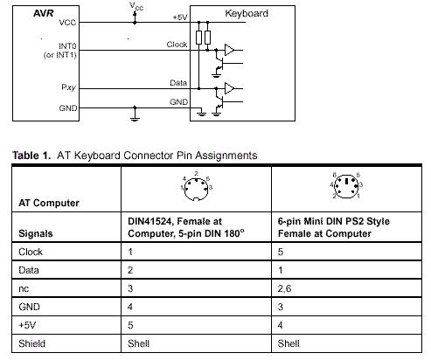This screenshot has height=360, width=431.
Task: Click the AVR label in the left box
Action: (x=43, y=13)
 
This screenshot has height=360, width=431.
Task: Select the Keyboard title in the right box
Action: (x=247, y=13)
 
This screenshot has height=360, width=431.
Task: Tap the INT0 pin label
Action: (x=67, y=46)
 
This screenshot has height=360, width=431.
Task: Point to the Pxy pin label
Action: (x=69, y=87)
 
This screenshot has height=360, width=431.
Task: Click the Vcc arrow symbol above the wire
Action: (x=135, y=17)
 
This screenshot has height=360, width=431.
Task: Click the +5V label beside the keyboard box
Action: (x=180, y=17)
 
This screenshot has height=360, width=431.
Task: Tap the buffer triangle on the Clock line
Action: (x=229, y=50)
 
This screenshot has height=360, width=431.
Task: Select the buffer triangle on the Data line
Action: (x=229, y=88)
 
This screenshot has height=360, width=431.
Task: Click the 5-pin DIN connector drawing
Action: (x=196, y=189)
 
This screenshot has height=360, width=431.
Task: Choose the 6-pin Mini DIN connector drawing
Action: (x=346, y=186)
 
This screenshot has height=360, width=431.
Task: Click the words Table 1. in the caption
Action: (x=31, y=156)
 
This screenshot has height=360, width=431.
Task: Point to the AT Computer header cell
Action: (x=49, y=203)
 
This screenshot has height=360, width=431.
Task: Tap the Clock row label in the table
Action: (x=31, y=252)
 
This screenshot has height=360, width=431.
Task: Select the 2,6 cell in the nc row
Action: (x=284, y=288)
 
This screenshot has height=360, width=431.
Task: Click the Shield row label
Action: (x=31, y=343)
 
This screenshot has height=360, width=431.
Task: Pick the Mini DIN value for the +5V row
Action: (x=280, y=325)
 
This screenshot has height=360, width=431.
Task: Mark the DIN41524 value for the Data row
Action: (x=130, y=270)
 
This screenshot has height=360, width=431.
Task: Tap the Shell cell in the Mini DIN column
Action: (x=288, y=343)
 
